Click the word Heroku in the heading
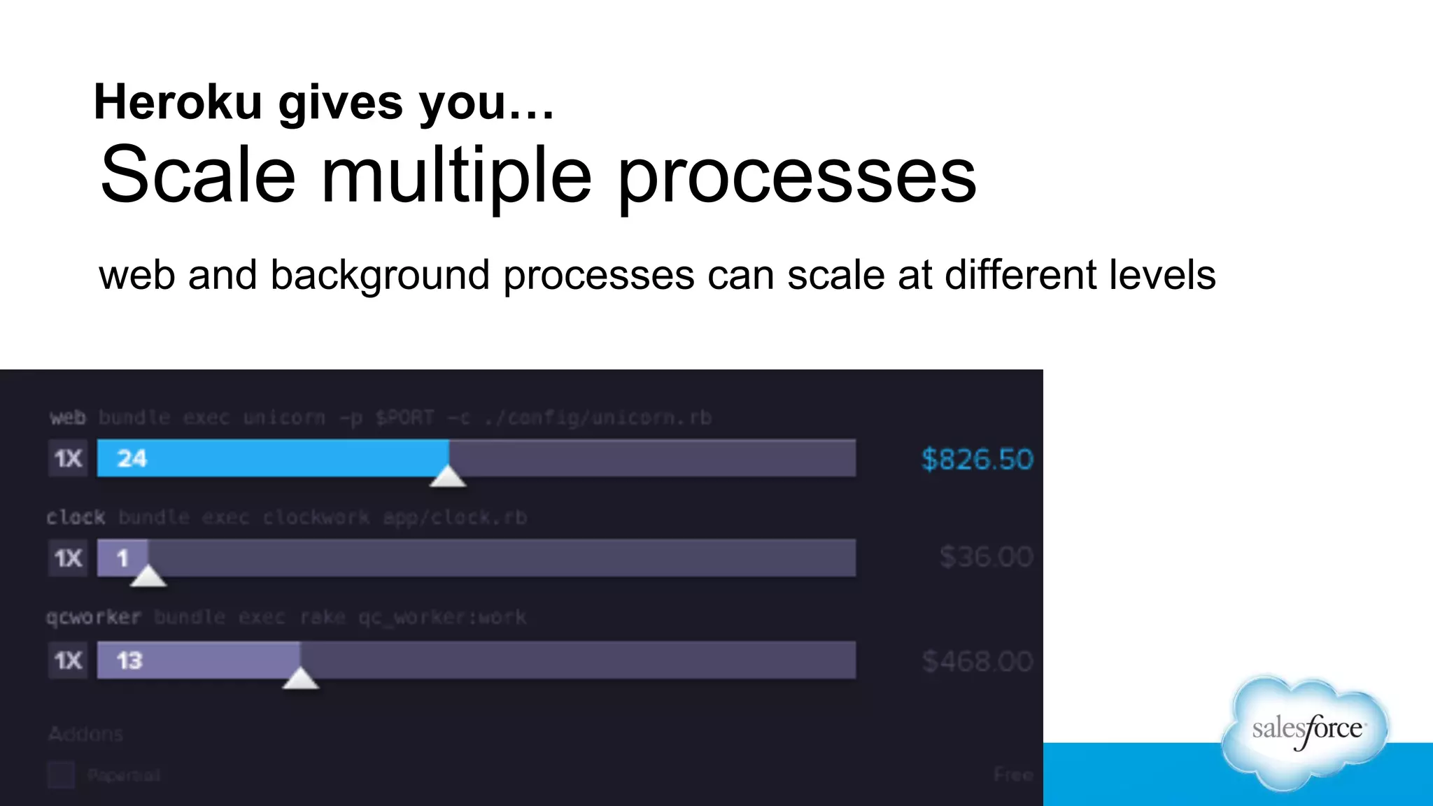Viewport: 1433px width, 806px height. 178,103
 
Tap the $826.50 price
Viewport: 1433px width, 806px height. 977,460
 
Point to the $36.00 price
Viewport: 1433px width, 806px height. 986,558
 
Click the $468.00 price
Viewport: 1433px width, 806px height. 977,661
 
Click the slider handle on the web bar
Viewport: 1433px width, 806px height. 448,477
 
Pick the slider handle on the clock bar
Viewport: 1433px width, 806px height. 148,577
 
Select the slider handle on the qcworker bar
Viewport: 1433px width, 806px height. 300,679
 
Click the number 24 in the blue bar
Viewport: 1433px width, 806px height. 132,459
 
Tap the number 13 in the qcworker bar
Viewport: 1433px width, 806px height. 129,660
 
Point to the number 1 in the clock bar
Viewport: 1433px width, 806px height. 122,558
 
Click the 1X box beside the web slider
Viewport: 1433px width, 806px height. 68,459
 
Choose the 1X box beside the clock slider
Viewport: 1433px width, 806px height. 68,558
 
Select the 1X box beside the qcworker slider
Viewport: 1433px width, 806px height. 68,660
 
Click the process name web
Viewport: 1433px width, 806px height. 67,418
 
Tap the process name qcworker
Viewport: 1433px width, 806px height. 94,618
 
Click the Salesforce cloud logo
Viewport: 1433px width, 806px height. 1306,731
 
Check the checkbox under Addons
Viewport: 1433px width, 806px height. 61,775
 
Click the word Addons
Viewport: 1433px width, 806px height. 85,734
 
